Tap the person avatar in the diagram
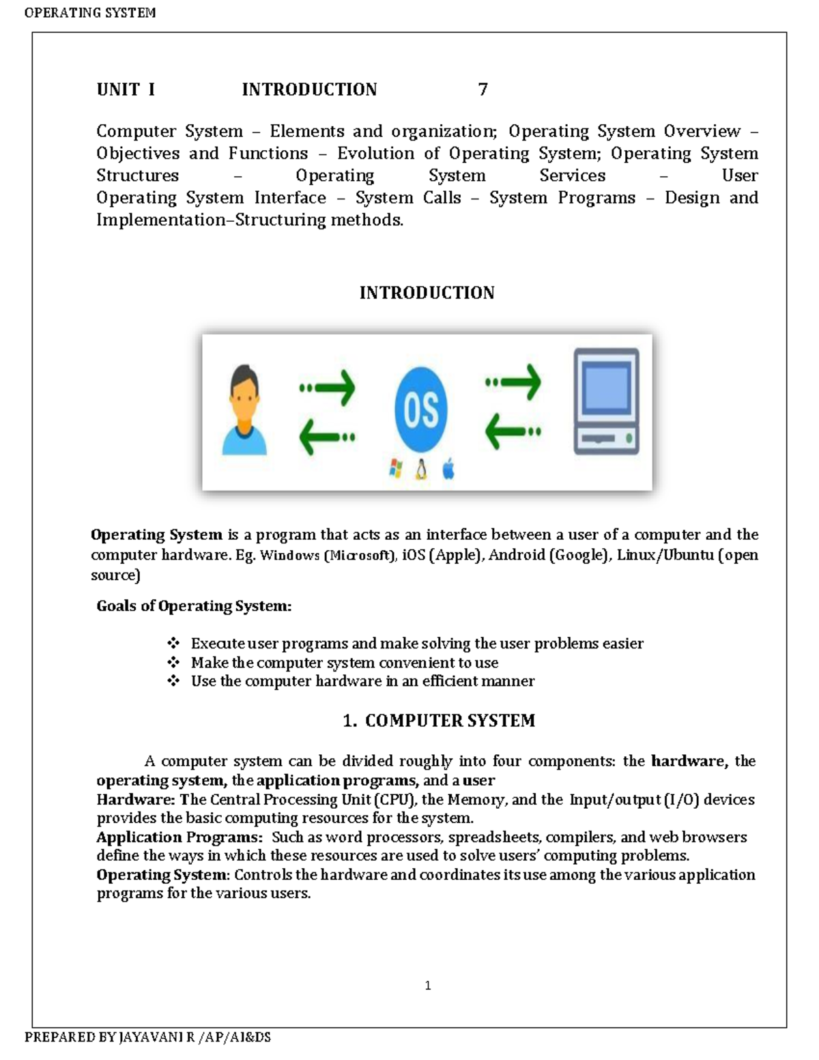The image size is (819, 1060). coord(244,410)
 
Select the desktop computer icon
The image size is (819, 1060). coord(606,401)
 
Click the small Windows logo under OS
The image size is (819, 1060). coord(395,468)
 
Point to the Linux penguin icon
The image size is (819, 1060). coord(421,469)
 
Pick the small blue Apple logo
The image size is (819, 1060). coord(448,469)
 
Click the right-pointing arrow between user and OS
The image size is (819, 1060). coord(328,387)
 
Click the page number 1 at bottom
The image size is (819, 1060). coord(427,985)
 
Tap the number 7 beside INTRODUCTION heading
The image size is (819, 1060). coord(483,89)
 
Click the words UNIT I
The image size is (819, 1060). coord(126,89)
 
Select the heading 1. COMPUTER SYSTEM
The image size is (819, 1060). coord(438,721)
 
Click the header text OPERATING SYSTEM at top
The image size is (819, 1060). coord(90,12)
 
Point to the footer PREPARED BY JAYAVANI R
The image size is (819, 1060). coord(147,1037)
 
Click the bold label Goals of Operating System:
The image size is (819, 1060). coord(194,606)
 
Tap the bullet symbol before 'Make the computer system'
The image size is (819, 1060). coord(173,662)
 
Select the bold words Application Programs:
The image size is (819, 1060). coord(179,837)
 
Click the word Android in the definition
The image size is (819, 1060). coord(517,554)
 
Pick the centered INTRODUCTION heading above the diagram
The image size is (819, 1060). coord(427,293)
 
